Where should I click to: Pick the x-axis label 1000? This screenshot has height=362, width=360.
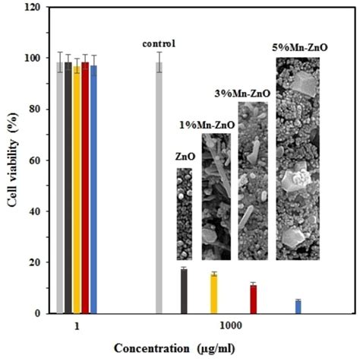pos(231,325)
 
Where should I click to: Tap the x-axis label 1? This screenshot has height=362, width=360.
pos(77,325)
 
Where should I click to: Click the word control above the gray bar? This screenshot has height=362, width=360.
pos(159,43)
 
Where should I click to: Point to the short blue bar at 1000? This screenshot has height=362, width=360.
pos(276,306)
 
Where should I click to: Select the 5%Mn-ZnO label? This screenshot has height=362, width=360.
pos(299,48)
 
